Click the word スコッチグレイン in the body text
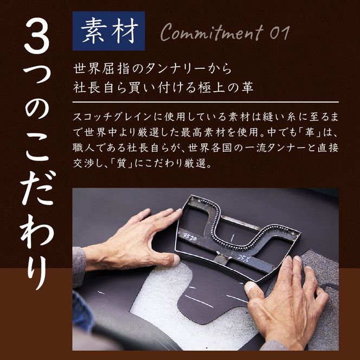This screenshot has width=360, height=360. pyautogui.click(x=108, y=117)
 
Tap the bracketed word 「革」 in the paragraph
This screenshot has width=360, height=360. pyautogui.click(x=306, y=132)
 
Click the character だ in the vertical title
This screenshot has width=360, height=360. pyautogui.click(x=36, y=183)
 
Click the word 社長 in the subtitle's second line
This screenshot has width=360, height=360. pyautogui.click(x=91, y=87)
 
